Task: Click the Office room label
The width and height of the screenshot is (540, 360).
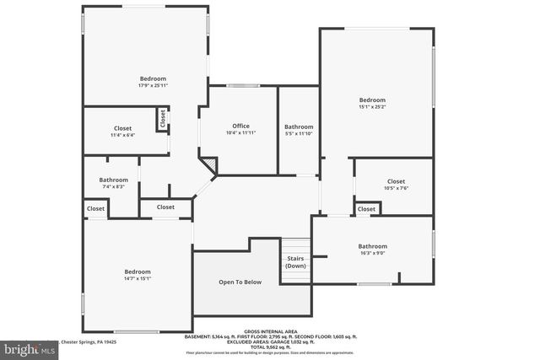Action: tap(241, 126)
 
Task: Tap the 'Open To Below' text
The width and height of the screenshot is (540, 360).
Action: tap(240, 282)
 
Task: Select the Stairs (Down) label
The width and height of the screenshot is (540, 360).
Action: tap(295, 262)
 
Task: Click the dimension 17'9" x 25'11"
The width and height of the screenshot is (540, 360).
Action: tap(153, 85)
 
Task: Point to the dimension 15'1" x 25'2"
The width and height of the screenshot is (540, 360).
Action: tap(371, 107)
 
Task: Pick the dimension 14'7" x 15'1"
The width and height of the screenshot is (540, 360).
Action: tap(138, 278)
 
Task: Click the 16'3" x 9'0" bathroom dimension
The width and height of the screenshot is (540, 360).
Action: tap(372, 253)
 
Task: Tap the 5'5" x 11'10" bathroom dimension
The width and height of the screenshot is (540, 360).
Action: tap(299, 133)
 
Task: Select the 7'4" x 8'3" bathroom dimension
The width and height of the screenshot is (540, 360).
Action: tap(113, 186)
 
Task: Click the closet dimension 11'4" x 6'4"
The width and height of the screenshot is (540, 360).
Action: tap(122, 135)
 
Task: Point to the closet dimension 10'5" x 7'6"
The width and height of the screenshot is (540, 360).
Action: tap(396, 188)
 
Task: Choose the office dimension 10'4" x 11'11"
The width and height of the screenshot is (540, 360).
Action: tap(241, 132)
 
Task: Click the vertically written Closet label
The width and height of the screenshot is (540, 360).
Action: tap(162, 120)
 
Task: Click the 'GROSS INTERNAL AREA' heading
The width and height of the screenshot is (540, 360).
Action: tap(269, 331)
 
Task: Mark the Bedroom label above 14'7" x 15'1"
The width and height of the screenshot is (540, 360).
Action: tap(138, 271)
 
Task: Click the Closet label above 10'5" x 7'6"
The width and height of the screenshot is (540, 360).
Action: tap(396, 181)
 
